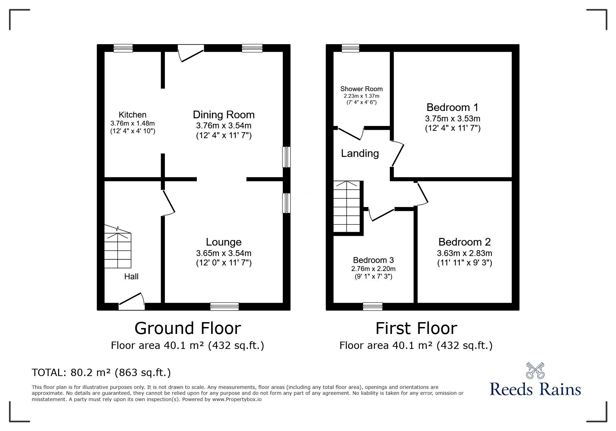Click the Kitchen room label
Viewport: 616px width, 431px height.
[133, 115]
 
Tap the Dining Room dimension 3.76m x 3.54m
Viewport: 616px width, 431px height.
[224, 126]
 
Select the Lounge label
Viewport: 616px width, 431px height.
[224, 242]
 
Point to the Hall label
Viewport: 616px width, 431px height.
[131, 277]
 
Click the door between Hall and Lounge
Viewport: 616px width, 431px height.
[168, 203]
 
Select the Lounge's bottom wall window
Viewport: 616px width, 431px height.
[224, 306]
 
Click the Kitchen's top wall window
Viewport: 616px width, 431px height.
[123, 48]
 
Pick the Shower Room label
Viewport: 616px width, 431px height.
[361, 89]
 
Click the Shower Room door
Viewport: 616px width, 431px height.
[351, 134]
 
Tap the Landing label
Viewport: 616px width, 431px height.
[360, 153]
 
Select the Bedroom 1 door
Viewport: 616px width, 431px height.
[398, 154]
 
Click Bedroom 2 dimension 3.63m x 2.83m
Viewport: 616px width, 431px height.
[464, 253]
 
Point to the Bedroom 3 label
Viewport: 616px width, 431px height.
[373, 260]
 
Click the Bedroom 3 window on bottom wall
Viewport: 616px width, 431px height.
[373, 306]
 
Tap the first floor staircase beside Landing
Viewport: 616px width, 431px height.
[346, 207]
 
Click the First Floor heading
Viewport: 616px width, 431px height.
[416, 328]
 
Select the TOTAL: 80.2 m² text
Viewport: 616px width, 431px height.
[101, 373]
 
